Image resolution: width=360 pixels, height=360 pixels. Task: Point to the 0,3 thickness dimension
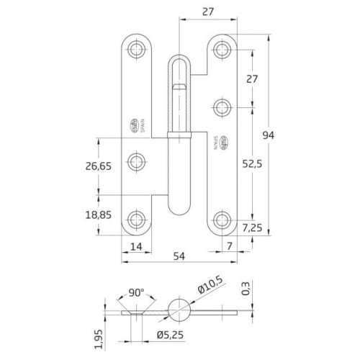click(x=247, y=289)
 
